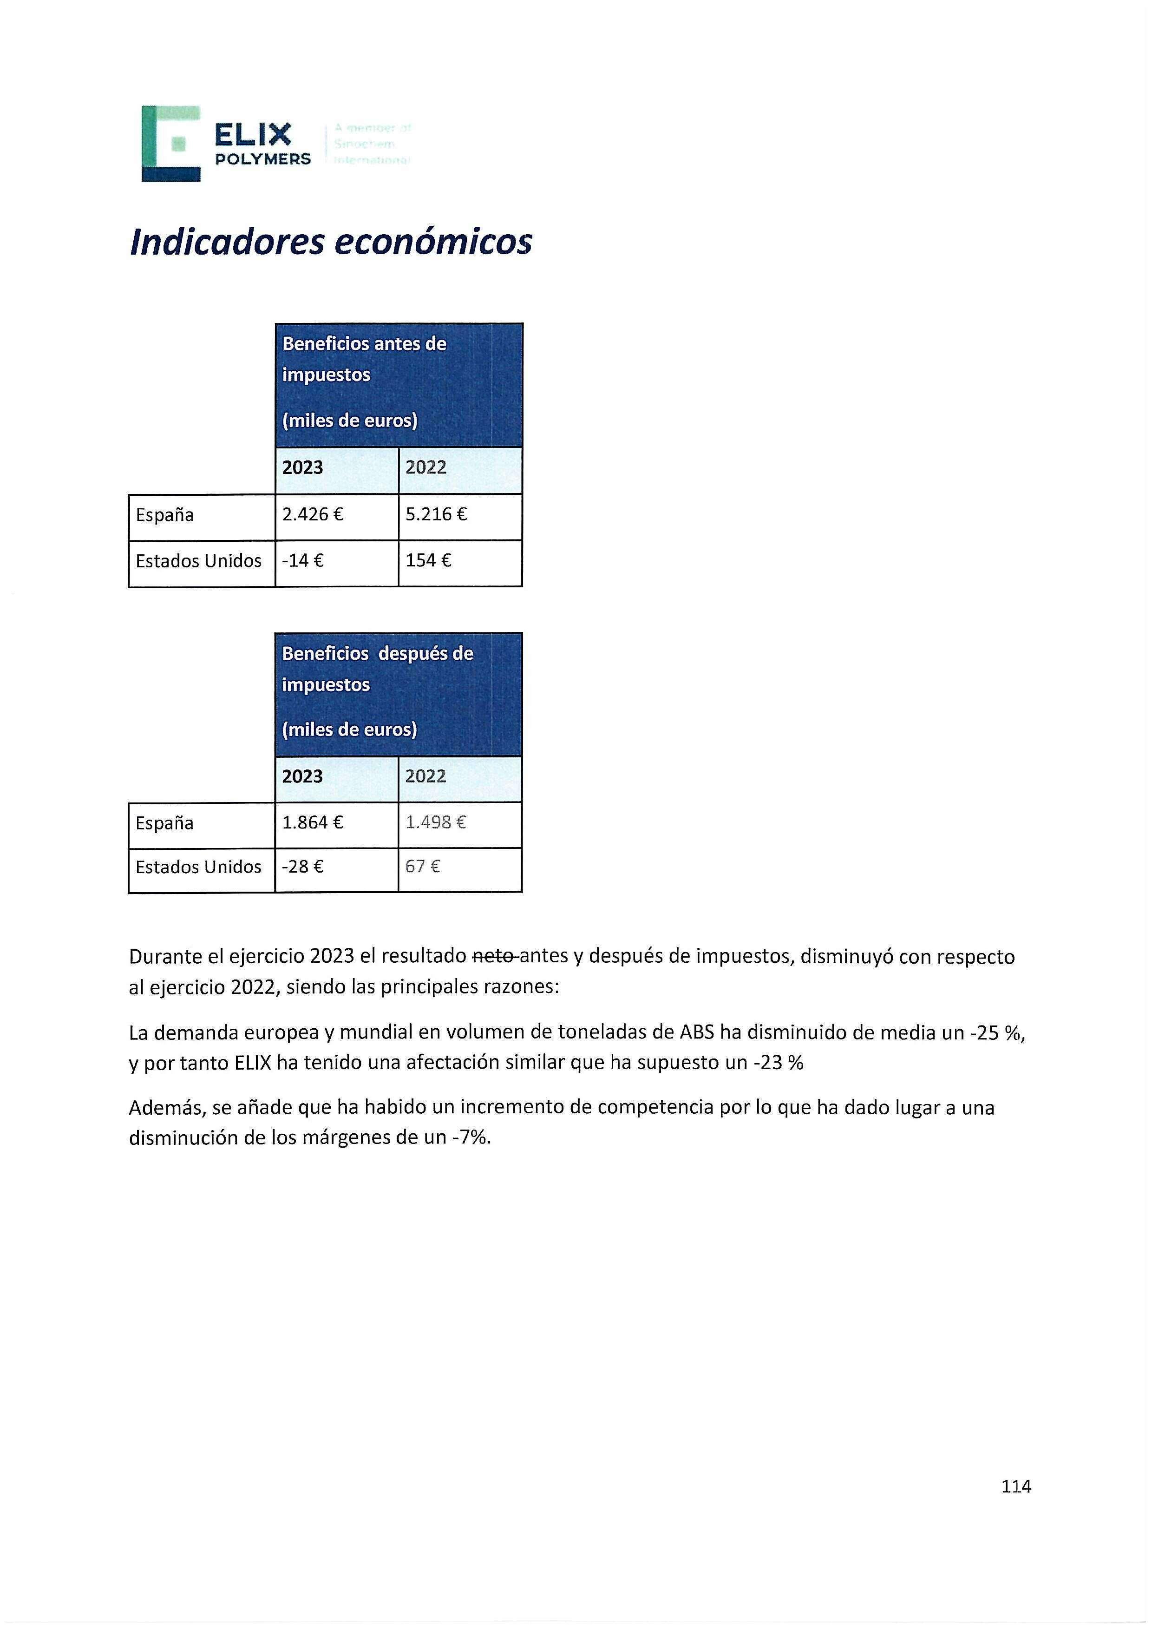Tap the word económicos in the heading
(x=432, y=242)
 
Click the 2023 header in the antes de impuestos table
(x=302, y=468)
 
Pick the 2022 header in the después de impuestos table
(x=426, y=776)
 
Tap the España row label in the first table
(x=165, y=515)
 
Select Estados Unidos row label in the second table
(x=199, y=867)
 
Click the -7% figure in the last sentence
(x=471, y=1138)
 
